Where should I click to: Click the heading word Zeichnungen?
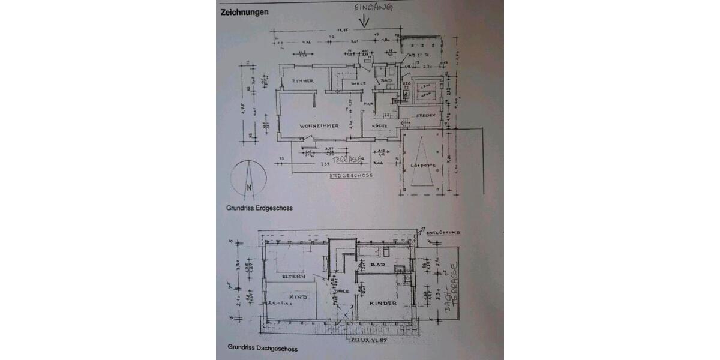(244, 11)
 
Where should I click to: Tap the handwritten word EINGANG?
(373, 8)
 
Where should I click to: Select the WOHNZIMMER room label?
(320, 126)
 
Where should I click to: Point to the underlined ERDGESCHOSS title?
(352, 176)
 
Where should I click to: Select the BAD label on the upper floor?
(377, 264)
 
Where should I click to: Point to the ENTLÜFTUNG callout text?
(443, 230)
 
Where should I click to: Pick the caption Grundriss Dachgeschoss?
(262, 347)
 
